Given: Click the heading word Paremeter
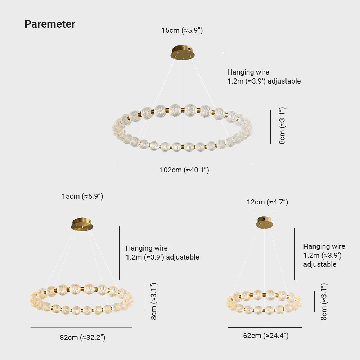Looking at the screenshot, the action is (50, 24).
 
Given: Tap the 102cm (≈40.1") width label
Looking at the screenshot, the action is (184, 170).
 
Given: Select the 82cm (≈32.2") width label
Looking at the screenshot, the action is (83, 338).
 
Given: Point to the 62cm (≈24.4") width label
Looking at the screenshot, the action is (266, 336).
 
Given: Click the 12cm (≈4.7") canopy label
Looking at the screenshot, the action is (267, 202).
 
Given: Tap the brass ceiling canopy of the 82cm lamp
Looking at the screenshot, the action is (82, 224).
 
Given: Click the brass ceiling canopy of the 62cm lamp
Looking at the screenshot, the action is (265, 222).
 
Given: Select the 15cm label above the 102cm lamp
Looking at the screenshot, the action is (182, 30).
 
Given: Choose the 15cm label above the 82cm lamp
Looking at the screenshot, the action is (82, 196).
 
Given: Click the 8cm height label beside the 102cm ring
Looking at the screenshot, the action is (282, 126).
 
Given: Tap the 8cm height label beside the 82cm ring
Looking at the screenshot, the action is (154, 301).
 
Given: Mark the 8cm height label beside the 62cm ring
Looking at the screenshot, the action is (324, 302).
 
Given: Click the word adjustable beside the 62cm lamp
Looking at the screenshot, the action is (320, 264).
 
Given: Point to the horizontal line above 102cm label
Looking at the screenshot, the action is (184, 163).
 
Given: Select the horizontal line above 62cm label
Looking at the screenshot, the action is (265, 327).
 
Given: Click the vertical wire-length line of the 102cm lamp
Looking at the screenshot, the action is (223, 77).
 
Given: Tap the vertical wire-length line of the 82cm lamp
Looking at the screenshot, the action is (120, 253).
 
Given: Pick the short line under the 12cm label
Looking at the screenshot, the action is (264, 211).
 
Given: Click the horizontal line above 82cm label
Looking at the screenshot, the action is (81, 327).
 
